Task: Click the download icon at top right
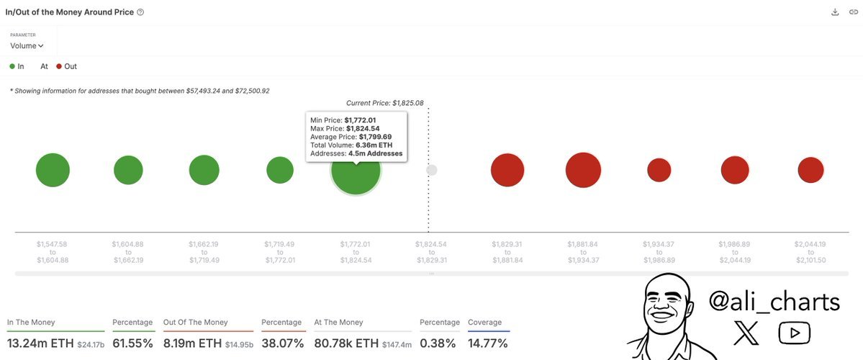click(834, 12)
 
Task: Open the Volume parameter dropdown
click(27, 45)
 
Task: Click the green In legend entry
click(17, 66)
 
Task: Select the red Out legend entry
click(66, 66)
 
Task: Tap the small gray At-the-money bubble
click(431, 170)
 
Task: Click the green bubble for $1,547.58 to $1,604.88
click(53, 171)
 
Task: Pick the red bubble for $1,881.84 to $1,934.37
click(583, 171)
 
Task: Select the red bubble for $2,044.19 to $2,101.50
click(810, 170)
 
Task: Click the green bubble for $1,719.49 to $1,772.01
click(280, 171)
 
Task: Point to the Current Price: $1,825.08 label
click(385, 103)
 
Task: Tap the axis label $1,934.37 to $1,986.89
click(659, 252)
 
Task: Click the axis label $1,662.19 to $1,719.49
click(204, 252)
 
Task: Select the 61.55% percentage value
click(132, 343)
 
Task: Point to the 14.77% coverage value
click(488, 343)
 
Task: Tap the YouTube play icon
click(794, 333)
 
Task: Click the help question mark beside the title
click(140, 12)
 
